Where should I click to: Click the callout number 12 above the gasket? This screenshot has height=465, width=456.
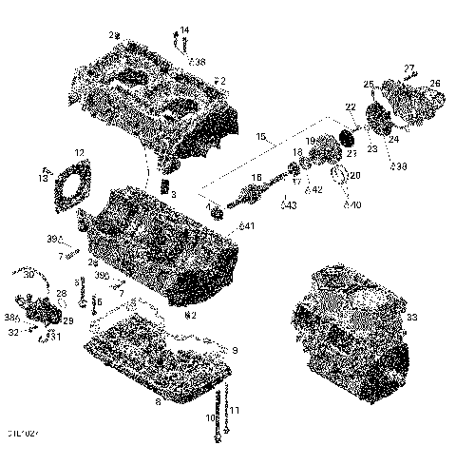[x=80, y=152]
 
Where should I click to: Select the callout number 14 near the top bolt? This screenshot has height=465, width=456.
[x=184, y=29]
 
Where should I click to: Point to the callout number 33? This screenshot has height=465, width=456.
[x=411, y=317]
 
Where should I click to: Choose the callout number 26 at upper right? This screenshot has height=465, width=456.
[x=435, y=84]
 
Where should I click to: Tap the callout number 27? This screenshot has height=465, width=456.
[x=409, y=68]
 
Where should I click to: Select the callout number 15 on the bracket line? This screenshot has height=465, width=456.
[x=260, y=138]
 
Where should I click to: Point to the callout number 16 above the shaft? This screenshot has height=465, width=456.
[x=256, y=178]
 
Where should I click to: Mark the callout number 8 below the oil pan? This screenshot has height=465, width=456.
[x=156, y=401]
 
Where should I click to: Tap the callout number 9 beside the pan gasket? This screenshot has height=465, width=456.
[x=235, y=350]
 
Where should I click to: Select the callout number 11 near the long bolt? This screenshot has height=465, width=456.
[x=235, y=410]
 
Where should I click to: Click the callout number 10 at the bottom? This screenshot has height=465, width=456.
[x=208, y=417]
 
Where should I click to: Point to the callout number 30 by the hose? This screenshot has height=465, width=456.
[x=29, y=275]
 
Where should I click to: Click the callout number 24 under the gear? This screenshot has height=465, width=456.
[x=391, y=140]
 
